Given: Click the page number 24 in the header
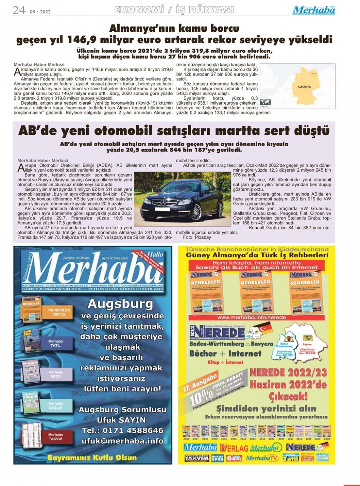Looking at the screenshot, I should coord(19,10).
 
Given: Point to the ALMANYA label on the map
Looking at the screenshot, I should coord(304,87).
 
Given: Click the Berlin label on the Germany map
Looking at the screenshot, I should coord(314,73).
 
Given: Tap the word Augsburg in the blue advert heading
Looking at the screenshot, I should coord(120,303).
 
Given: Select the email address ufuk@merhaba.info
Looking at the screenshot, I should coord(122,441).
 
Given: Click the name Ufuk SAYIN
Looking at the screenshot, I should coord(121,420).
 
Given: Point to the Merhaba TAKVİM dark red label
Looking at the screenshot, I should coord(55,437).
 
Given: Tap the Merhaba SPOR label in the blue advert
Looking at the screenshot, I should coord(56,374).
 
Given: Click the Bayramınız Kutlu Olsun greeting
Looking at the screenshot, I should coord(92,457).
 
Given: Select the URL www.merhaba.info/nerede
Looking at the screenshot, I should coord(252,317).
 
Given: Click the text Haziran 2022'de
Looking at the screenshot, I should coord(288,385).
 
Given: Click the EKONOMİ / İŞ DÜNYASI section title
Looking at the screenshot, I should coord(174,10).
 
